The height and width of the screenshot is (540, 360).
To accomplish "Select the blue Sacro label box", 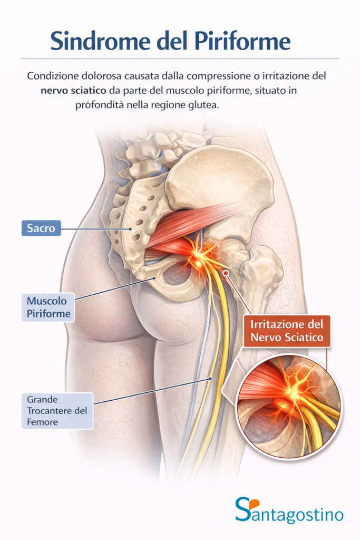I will [x=41, y=228].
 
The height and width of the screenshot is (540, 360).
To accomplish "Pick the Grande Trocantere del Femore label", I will [x=56, y=410].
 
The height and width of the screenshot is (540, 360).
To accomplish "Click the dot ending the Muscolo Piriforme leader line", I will [x=153, y=278].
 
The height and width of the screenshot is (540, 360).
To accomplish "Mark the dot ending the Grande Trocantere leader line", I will [x=210, y=378].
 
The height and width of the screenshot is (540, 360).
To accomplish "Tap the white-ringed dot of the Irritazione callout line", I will [x=226, y=273].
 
